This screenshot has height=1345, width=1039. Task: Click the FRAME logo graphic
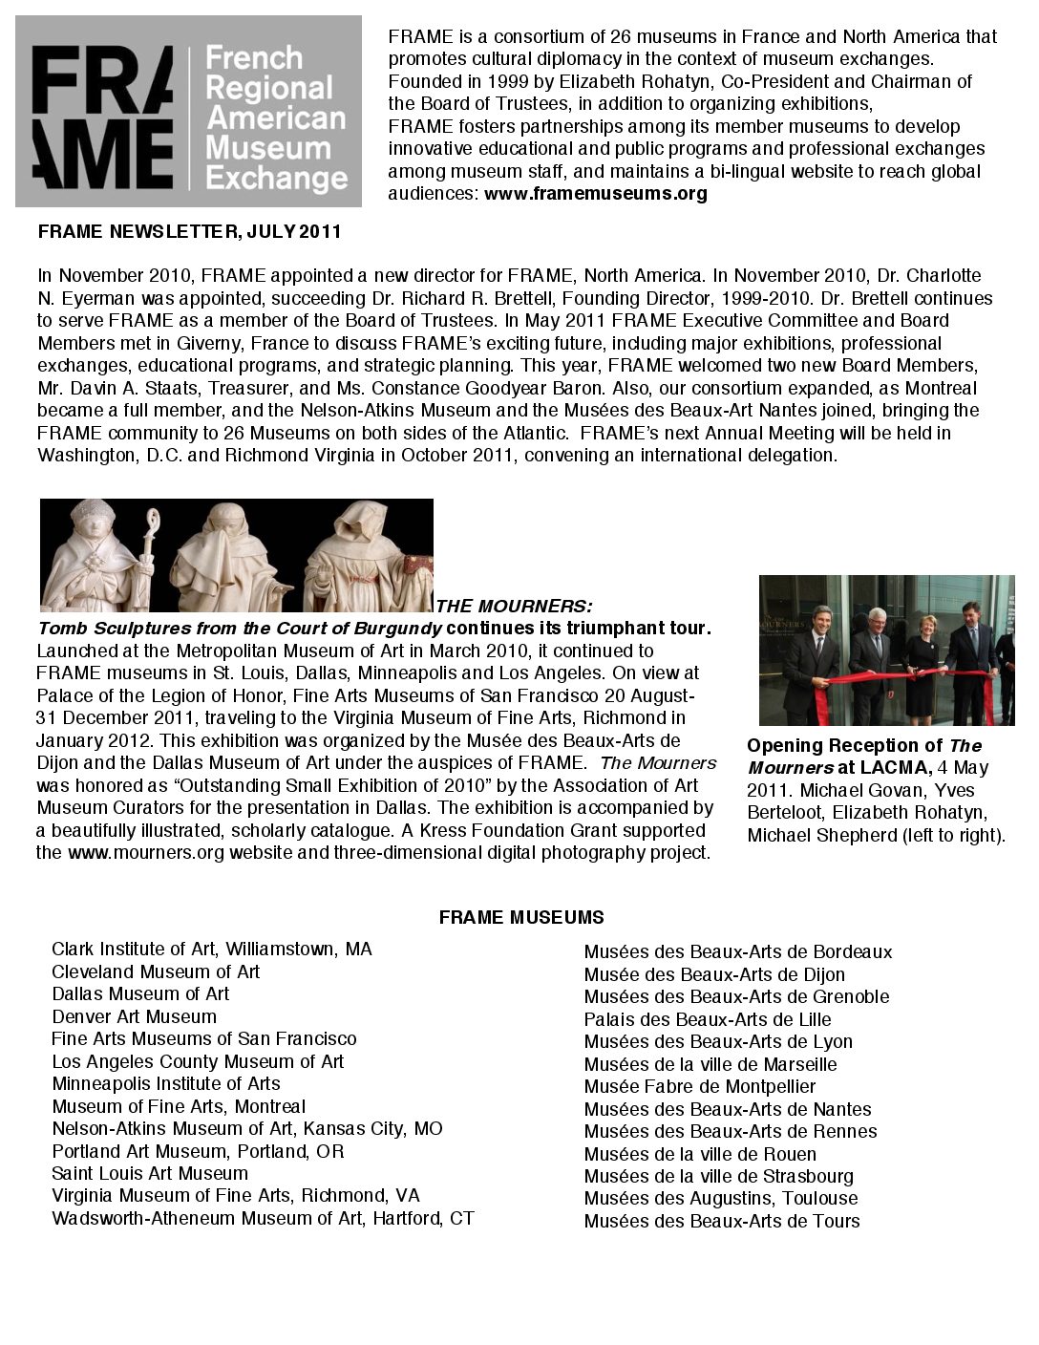pyautogui.click(x=188, y=111)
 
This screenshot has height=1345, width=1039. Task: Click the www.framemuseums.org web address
pyautogui.click(x=596, y=194)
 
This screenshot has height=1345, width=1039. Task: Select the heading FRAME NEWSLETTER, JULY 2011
pyautogui.click(x=189, y=232)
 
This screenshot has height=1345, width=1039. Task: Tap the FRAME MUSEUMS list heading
pyautogui.click(x=521, y=918)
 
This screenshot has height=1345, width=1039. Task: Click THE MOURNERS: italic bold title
pyautogui.click(x=514, y=607)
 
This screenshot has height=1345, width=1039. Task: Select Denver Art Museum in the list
pyautogui.click(x=134, y=1016)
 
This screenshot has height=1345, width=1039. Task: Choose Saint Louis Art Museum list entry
pyautogui.click(x=150, y=1173)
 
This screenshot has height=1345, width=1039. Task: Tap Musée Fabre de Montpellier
pyautogui.click(x=700, y=1086)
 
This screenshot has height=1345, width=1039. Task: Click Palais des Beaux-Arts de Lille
pyautogui.click(x=708, y=1019)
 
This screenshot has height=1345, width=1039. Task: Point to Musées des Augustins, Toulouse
pyautogui.click(x=721, y=1198)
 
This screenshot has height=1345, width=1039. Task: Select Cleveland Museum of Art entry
pyautogui.click(x=156, y=971)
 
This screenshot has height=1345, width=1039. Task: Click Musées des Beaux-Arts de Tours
pyautogui.click(x=722, y=1221)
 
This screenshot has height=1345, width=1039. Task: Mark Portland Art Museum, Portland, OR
pyautogui.click(x=198, y=1151)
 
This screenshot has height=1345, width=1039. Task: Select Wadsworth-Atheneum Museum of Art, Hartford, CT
pyautogui.click(x=263, y=1218)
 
